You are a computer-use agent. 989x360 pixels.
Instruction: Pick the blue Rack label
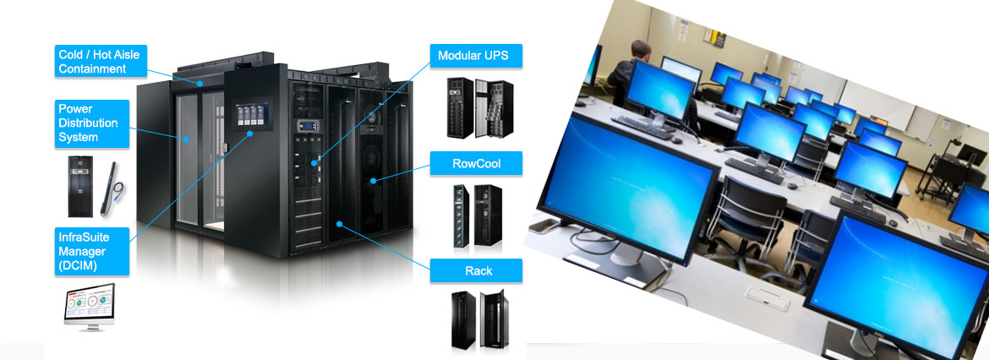[475, 270]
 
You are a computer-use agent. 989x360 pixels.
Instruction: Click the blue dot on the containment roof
[200, 84]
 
